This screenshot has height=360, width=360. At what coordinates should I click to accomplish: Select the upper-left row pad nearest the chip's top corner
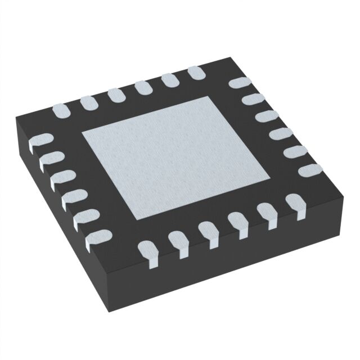196,73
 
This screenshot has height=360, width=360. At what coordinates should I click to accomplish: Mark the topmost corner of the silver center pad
211,96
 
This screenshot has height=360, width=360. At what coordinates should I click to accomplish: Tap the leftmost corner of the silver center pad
83,133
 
